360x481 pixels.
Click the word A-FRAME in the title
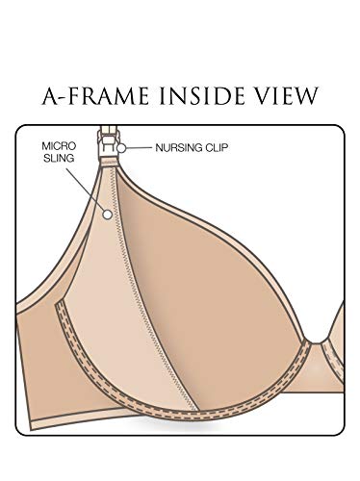[x=95, y=95]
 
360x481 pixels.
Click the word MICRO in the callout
[x=59, y=146]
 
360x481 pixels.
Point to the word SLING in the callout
[x=59, y=158]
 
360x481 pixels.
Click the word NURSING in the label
[x=179, y=148]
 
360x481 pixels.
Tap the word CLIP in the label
[x=216, y=148]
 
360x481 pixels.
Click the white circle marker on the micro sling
[x=108, y=215]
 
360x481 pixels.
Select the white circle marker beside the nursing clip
[x=121, y=148]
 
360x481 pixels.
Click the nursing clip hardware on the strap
[x=108, y=141]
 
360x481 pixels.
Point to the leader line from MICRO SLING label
[x=85, y=189]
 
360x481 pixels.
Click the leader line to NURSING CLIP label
[x=139, y=148]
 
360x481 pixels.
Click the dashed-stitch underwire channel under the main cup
[x=180, y=412]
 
